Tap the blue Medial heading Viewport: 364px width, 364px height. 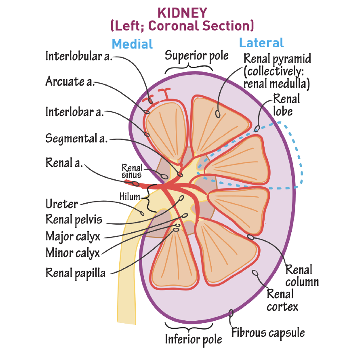coord(132,44)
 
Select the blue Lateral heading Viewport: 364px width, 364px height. coord(261,43)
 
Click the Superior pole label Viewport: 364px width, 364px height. coord(197,55)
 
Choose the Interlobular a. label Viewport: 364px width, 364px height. coord(79,56)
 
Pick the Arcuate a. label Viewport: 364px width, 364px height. coord(70,81)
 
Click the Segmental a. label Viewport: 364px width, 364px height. coord(76,139)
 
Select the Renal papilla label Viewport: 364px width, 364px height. coord(76,273)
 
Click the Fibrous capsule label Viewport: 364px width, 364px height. coord(268,333)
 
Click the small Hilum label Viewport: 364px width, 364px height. coord(129,197)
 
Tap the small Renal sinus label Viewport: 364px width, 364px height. coord(132,170)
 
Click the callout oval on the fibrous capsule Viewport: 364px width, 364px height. coord(231,313)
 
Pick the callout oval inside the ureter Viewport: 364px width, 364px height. coord(142,212)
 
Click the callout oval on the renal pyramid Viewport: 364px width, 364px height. coord(218,114)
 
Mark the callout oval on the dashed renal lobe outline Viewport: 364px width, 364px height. coord(257,129)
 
